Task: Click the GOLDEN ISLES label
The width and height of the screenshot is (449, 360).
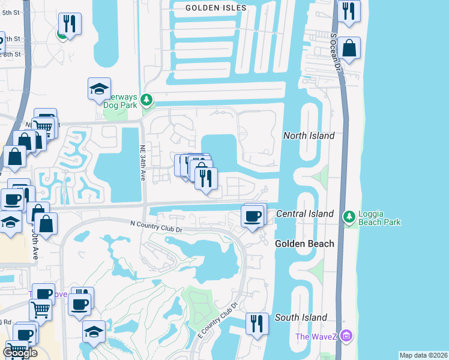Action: tap(215, 7)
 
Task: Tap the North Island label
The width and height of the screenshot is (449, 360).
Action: tap(309, 136)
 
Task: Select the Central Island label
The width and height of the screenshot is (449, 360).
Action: tap(304, 214)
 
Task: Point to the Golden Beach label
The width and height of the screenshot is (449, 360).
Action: tap(304, 244)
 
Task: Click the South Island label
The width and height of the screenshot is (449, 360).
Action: tap(301, 317)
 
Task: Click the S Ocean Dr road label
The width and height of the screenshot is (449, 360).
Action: tap(336, 50)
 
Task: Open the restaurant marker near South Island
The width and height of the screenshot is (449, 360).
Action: tap(257, 324)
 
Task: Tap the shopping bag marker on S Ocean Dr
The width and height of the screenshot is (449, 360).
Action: tap(349, 47)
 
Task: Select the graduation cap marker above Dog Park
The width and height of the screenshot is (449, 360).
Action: tap(99, 89)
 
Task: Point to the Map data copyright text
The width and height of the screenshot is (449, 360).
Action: tap(423, 355)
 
